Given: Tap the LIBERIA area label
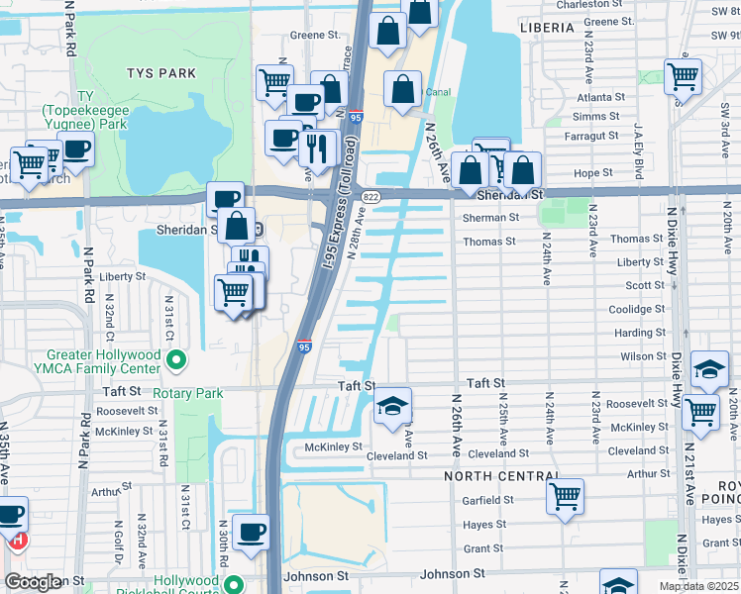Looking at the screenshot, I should (546, 28).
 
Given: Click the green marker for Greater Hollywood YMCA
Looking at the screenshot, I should (177, 359).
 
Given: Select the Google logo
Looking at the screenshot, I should (34, 582).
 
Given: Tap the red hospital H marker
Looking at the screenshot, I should (16, 542).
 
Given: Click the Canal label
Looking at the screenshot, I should (438, 92).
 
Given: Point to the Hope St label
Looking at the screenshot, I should (593, 172).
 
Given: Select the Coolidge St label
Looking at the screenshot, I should (637, 309).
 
